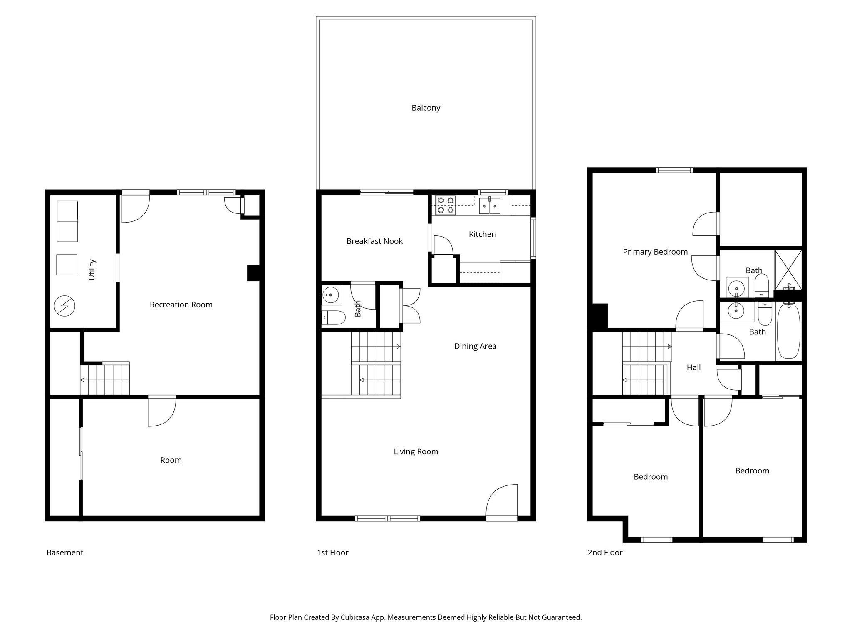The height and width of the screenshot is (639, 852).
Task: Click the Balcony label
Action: tap(426, 108)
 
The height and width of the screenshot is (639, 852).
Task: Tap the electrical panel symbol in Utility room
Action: tap(64, 306)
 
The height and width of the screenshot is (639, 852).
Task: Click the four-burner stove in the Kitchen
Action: tap(446, 205)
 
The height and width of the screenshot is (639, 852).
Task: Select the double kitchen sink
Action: tap(490, 206)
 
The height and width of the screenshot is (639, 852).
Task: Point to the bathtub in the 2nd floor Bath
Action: tap(788, 331)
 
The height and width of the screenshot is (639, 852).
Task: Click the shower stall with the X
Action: tap(788, 269)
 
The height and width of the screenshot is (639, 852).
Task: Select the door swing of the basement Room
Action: tap(161, 411)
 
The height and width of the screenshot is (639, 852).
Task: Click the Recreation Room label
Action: tap(181, 305)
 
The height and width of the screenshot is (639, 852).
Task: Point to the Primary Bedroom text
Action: tap(655, 252)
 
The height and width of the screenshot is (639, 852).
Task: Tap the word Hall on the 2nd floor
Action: tap(693, 367)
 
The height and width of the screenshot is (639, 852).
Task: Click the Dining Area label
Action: tap(475, 346)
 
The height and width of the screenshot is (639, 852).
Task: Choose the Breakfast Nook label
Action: tap(374, 241)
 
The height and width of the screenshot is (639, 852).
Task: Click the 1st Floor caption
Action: tap(332, 552)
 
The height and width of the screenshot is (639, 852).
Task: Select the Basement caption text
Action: tap(65, 552)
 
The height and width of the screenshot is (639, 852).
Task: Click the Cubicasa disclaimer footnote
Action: tap(426, 617)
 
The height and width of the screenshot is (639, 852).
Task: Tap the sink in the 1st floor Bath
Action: tap(331, 295)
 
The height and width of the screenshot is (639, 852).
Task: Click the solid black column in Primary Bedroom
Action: tap(600, 316)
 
